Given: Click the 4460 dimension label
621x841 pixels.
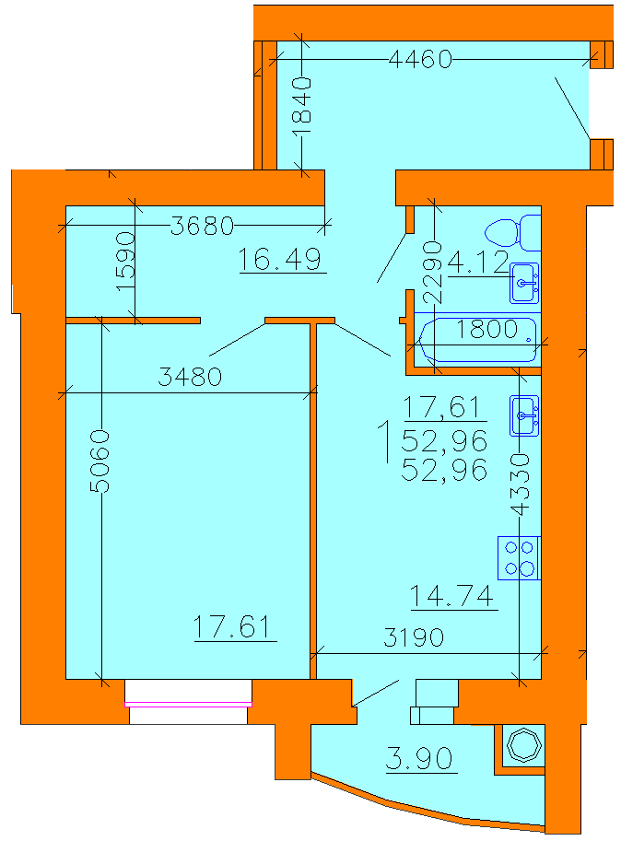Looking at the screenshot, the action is click(x=420, y=59).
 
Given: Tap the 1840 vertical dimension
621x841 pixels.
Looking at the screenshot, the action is click(x=302, y=106).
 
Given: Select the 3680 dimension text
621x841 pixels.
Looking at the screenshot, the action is click(x=202, y=226).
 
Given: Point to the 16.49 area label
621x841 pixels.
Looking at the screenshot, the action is click(x=279, y=259).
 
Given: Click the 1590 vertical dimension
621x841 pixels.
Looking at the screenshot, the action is click(x=125, y=262).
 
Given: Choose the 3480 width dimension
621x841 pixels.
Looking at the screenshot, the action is click(x=190, y=377).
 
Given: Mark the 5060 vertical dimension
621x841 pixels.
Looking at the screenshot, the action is click(x=100, y=461).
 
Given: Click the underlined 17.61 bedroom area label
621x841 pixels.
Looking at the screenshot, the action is click(x=232, y=626).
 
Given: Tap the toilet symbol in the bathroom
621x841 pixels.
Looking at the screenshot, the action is click(x=512, y=233).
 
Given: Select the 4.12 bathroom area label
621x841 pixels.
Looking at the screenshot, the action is click(x=478, y=263).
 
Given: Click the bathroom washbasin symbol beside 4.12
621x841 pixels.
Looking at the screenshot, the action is click(x=524, y=283).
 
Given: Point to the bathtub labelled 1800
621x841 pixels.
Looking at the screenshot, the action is click(x=478, y=340).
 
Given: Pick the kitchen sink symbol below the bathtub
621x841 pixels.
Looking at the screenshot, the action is click(x=524, y=415).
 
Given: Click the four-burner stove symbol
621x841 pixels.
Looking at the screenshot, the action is click(x=519, y=558).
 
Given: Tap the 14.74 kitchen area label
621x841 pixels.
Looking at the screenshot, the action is click(x=451, y=595).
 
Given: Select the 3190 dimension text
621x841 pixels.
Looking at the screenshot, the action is click(x=414, y=637).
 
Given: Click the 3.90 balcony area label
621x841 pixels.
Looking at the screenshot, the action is click(x=419, y=758).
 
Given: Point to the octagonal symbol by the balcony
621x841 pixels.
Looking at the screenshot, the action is click(x=524, y=745).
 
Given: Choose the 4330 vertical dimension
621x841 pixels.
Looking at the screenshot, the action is click(x=520, y=485).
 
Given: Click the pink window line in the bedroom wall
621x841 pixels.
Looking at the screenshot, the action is click(x=188, y=705).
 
